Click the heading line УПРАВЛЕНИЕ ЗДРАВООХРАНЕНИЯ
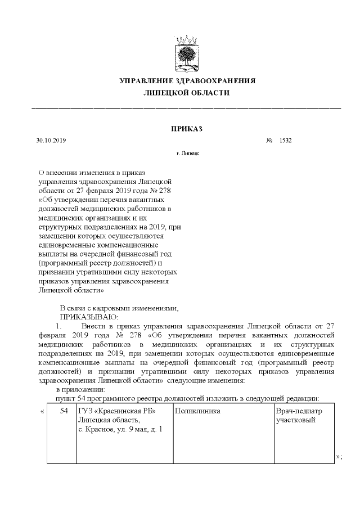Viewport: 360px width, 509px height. pyautogui.click(x=187, y=80)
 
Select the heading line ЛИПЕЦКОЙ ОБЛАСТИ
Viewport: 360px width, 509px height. pyautogui.click(x=187, y=93)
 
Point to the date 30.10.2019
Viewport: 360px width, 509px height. pyautogui.click(x=51, y=141)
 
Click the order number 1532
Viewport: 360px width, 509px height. pyautogui.click(x=285, y=141)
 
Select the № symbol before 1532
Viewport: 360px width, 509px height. pyautogui.click(x=269, y=141)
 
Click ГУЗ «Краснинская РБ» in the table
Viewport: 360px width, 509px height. pyautogui.click(x=116, y=412)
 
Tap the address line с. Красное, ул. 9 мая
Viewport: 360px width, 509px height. pyautogui.click(x=120, y=430)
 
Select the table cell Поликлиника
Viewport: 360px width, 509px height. pyautogui.click(x=197, y=412)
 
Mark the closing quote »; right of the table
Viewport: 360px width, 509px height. pyautogui.click(x=338, y=456)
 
